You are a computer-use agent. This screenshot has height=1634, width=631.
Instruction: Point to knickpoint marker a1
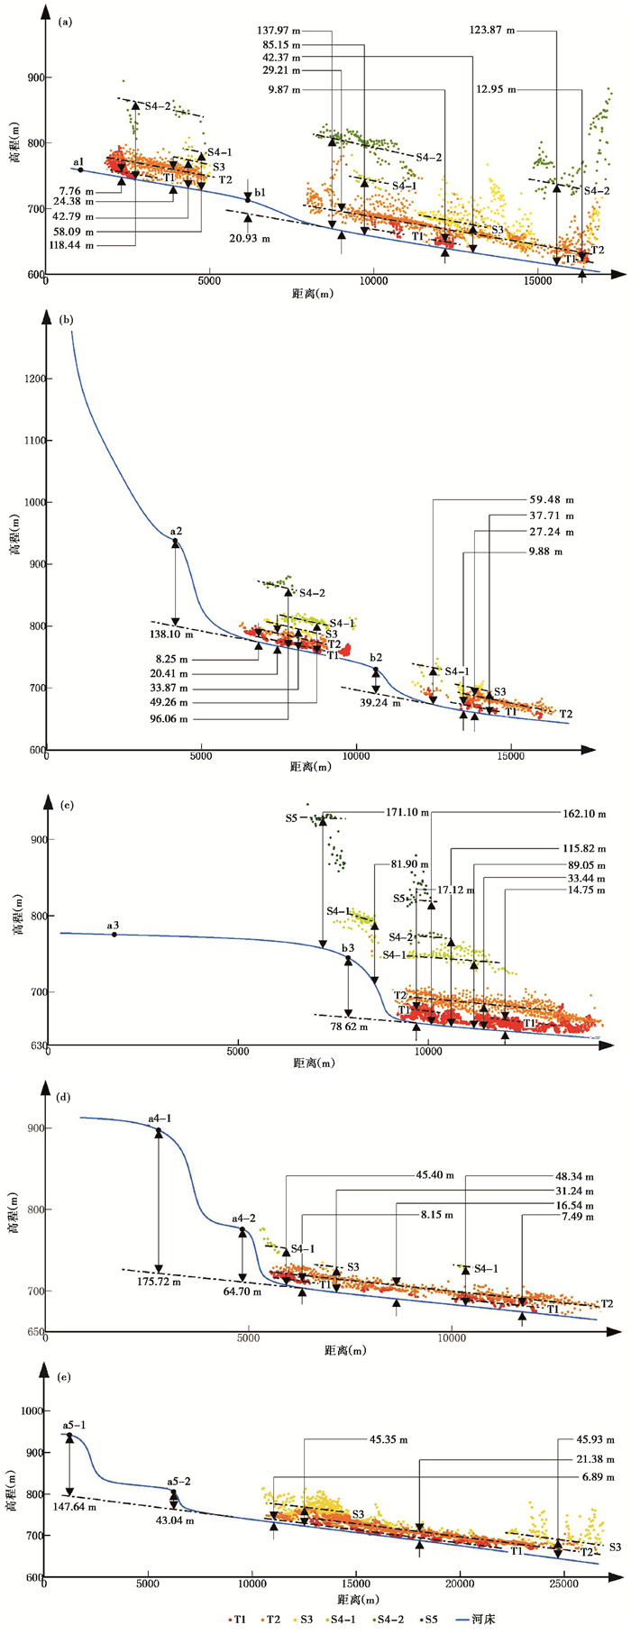80,169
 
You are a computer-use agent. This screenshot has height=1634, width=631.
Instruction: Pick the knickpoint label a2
176,532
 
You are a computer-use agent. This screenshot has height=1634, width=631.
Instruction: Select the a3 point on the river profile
114,935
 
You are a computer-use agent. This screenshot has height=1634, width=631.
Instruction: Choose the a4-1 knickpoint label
160,1118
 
